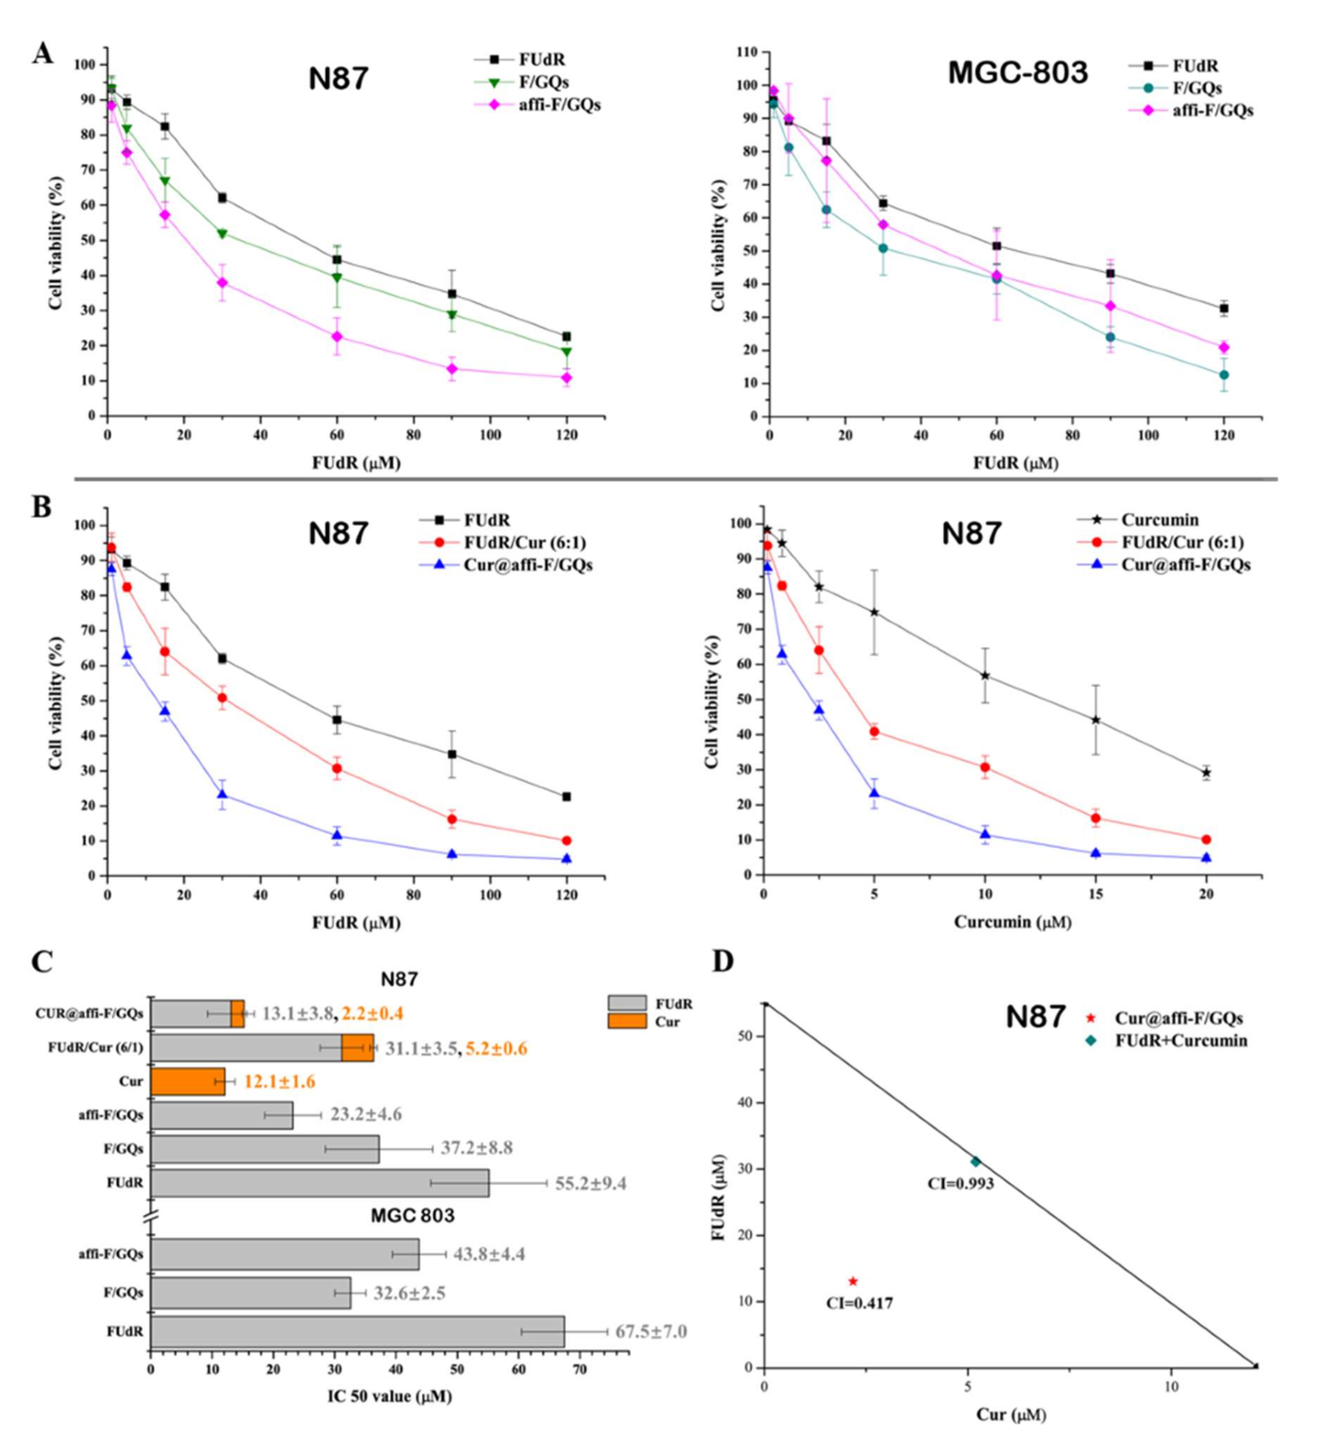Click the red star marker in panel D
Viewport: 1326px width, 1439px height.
tap(852, 1281)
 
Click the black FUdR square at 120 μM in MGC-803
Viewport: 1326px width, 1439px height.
tap(1224, 309)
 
